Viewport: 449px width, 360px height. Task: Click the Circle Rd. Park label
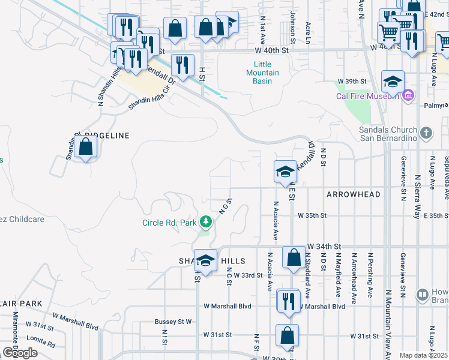tap(169, 223)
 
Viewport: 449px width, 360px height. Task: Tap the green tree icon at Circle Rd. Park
tap(206, 223)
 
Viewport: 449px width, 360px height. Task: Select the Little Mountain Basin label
tap(262, 73)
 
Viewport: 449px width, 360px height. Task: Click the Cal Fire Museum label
tap(367, 96)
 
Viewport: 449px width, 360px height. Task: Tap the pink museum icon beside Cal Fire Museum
tap(408, 95)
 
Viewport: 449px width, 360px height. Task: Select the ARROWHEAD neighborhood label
tap(354, 195)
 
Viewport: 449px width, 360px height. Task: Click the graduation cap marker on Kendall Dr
tap(285, 172)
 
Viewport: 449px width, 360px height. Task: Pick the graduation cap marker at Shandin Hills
tap(205, 262)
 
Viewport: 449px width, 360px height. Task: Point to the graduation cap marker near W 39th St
tap(393, 81)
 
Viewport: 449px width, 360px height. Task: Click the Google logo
tap(20, 353)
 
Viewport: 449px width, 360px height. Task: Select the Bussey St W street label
tap(173, 322)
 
